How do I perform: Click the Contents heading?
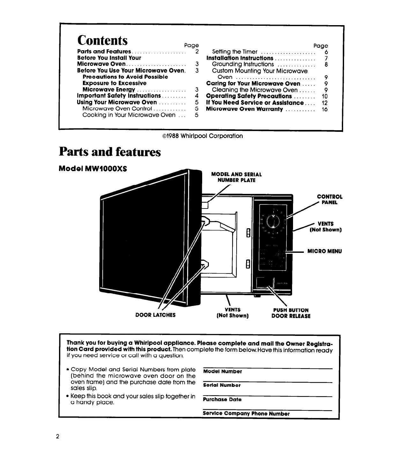(x=102, y=40)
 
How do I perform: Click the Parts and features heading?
(x=110, y=152)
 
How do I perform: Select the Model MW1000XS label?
(x=93, y=169)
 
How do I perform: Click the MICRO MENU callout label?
(x=324, y=251)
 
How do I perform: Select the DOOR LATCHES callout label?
(x=155, y=315)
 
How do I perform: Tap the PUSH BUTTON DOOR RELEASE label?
(x=291, y=313)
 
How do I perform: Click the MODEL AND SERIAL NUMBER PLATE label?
(x=236, y=177)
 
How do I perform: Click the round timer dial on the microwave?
(x=273, y=222)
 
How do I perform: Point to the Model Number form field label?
(x=223, y=371)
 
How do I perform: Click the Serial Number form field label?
(x=222, y=385)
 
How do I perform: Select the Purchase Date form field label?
(x=222, y=399)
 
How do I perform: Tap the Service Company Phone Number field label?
(x=246, y=414)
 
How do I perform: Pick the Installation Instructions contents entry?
(x=240, y=58)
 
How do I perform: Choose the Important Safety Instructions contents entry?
(x=119, y=96)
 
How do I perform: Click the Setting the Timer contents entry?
(x=235, y=52)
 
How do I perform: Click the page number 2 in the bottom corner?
(x=57, y=436)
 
